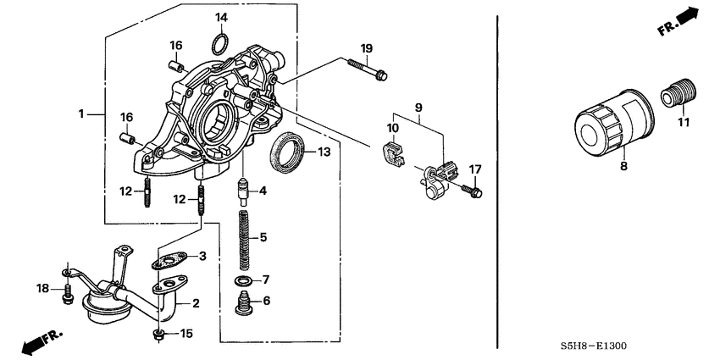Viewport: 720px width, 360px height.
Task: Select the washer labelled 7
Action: [x=244, y=280]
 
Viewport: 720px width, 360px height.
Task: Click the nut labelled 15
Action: [x=158, y=334]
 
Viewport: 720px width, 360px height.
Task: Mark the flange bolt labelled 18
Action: [x=66, y=291]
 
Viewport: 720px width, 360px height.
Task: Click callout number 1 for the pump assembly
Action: [x=81, y=114]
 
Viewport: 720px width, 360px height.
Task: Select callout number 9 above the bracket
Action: [x=418, y=108]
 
